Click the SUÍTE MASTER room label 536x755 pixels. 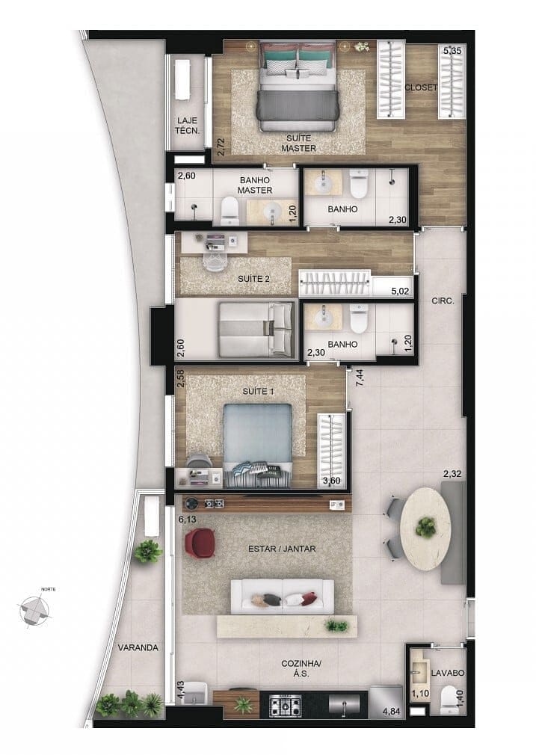click(298, 144)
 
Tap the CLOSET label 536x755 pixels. click(420, 87)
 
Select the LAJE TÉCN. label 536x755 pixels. click(188, 125)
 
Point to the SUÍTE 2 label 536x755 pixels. click(253, 279)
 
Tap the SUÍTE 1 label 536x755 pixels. click(259, 392)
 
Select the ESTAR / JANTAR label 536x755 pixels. click(282, 549)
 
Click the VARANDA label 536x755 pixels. click(138, 647)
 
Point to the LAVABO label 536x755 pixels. click(449, 673)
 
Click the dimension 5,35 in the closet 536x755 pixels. click(452, 51)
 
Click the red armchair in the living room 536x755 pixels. click(201, 543)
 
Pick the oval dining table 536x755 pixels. click(425, 528)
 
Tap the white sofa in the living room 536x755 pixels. click(282, 597)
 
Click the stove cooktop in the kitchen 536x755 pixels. click(285, 704)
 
